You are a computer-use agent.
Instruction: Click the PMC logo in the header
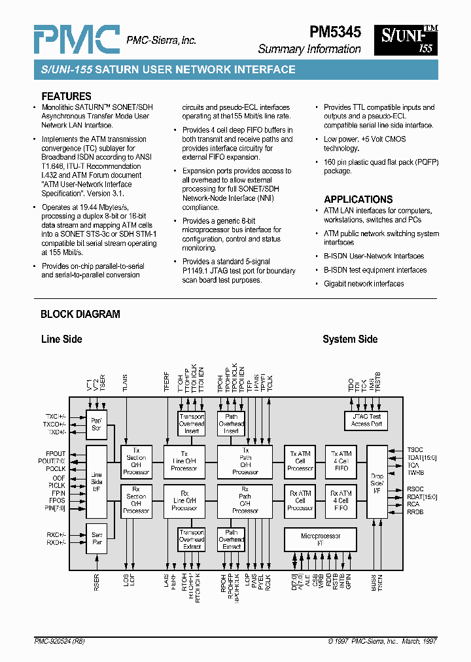(x=76, y=40)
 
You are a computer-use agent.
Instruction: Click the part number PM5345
(x=334, y=32)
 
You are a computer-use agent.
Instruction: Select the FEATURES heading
(x=66, y=96)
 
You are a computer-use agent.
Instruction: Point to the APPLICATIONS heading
(x=358, y=200)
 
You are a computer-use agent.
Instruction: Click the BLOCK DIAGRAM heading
(x=80, y=314)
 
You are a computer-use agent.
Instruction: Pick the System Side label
(x=350, y=339)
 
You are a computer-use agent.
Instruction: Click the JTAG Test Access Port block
(x=366, y=420)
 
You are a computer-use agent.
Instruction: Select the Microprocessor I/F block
(x=321, y=540)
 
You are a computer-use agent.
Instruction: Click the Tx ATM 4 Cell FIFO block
(x=341, y=461)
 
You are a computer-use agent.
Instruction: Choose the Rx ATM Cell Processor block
(x=300, y=500)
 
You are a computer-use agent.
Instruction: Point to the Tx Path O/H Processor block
(x=245, y=461)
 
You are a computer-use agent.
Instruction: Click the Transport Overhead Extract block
(x=192, y=540)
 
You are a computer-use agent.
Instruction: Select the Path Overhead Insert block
(x=231, y=424)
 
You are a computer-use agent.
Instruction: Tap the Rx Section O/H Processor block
(x=136, y=500)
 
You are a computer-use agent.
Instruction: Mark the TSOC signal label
(x=415, y=449)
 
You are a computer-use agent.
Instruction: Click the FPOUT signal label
(x=56, y=453)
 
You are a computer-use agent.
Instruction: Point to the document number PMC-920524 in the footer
(x=59, y=642)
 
